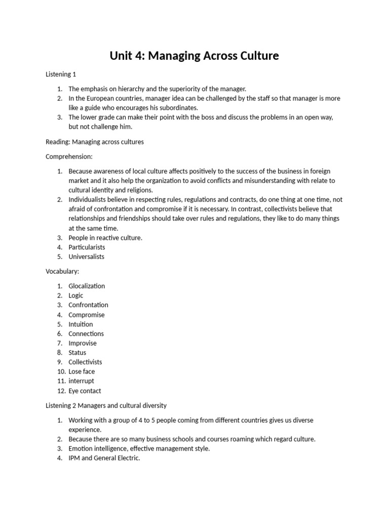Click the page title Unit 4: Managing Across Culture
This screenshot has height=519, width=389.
[x=194, y=56]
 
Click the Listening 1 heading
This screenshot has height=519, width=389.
[x=61, y=75]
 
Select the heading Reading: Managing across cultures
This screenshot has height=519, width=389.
[x=95, y=142]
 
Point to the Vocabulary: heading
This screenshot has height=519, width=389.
[x=62, y=271]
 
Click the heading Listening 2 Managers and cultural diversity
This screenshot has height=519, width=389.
[x=106, y=405]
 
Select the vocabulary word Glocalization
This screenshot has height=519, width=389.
[x=87, y=286]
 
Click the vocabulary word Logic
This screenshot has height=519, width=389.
[x=76, y=295]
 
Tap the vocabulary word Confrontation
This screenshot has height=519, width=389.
[x=88, y=305]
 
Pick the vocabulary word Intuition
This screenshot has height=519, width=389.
[x=81, y=324]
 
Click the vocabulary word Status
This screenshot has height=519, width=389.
[x=77, y=353]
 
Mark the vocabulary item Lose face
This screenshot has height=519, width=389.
[x=82, y=372]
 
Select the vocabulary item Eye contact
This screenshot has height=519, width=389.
[x=85, y=391]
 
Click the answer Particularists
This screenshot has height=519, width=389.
[x=87, y=247]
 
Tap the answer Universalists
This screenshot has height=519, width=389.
[x=86, y=256]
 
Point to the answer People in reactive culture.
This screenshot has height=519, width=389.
[x=105, y=238]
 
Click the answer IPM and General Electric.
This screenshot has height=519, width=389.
[x=104, y=458]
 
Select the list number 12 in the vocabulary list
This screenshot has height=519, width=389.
[x=60, y=391]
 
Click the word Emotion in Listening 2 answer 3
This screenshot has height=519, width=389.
[x=81, y=449]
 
